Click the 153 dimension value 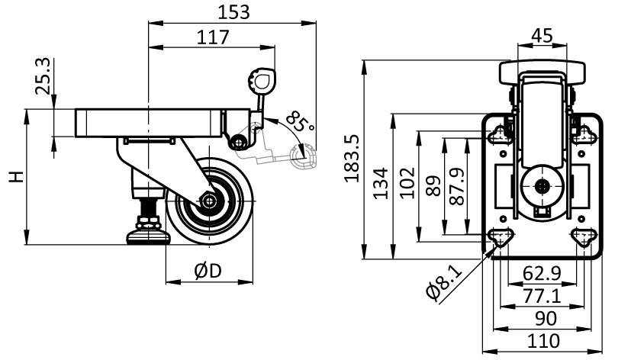[233, 12]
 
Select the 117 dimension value [213, 37]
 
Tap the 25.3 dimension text [43, 76]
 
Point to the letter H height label [17, 177]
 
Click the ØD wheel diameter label [208, 271]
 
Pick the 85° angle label [300, 122]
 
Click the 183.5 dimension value [352, 159]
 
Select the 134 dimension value [380, 183]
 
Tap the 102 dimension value [407, 182]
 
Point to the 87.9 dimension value [457, 186]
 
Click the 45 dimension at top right [542, 36]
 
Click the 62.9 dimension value [542, 274]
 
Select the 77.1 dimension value [542, 297]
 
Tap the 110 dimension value [543, 341]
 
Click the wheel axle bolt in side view [208, 201]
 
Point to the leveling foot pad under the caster [148, 237]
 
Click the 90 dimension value [546, 319]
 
